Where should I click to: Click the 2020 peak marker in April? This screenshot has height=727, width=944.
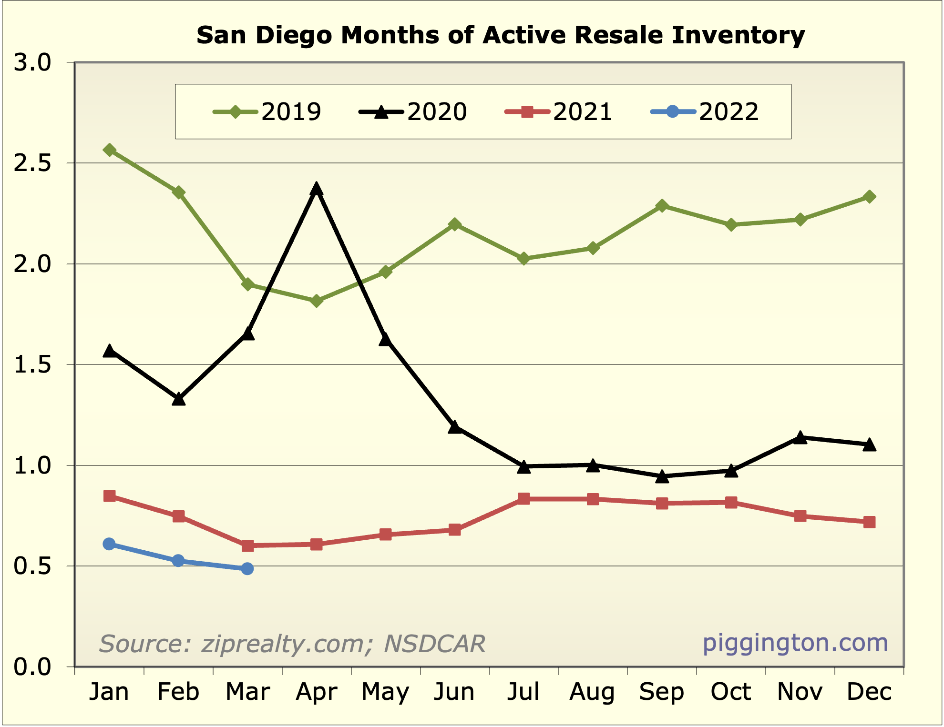pos(316,189)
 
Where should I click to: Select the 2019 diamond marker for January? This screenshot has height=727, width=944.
pos(109,150)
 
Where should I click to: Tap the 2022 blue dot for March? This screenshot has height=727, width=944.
pos(247,568)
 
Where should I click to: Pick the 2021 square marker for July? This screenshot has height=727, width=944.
pos(523,499)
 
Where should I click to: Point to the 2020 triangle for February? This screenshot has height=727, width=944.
pos(178,399)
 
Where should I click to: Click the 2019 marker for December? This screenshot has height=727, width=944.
pos(869,197)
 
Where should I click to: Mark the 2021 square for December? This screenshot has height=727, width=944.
pos(869,522)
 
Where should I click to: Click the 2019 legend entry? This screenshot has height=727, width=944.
pos(267,112)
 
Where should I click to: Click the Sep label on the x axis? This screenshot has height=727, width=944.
pos(661,692)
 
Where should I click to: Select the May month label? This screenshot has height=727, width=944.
pos(385,692)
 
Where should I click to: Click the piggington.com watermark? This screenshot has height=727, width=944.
pos(795,643)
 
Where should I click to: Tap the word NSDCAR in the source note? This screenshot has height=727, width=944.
pos(434,644)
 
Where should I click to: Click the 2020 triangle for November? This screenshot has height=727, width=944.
pos(800,437)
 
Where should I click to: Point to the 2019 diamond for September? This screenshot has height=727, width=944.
pos(662,206)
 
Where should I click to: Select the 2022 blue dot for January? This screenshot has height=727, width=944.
pos(109,544)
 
